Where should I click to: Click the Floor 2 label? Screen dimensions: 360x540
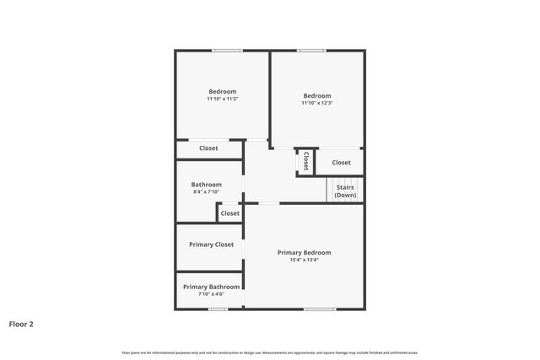click(x=21, y=323)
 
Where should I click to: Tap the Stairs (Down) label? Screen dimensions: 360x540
click(x=344, y=191)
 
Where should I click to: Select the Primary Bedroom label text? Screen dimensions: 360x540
click(x=305, y=252)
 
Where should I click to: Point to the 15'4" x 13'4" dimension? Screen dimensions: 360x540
click(x=305, y=260)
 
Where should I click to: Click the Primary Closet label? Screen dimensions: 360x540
click(x=211, y=244)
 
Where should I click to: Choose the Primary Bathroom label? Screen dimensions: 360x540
click(x=211, y=287)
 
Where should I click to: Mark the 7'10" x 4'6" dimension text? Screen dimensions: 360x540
click(x=211, y=294)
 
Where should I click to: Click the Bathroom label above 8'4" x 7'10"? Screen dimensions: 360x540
click(x=206, y=185)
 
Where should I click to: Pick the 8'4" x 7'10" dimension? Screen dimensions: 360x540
click(x=206, y=192)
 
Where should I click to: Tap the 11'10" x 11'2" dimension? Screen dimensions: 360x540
click(x=223, y=99)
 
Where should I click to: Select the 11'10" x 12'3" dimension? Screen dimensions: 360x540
click(x=317, y=103)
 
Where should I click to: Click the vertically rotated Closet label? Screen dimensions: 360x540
click(x=305, y=160)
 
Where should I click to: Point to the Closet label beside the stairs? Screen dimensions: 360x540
click(x=341, y=162)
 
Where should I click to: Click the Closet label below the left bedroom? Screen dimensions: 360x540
click(x=208, y=148)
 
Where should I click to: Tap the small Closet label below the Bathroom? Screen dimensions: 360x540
click(x=229, y=213)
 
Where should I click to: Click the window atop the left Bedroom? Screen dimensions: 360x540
click(x=227, y=51)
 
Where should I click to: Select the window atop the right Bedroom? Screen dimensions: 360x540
click(x=311, y=51)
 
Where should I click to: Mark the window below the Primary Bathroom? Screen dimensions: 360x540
click(x=219, y=309)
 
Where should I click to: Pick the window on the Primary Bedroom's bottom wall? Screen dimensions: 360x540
click(x=319, y=309)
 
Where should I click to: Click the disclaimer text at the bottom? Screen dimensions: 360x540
click(x=270, y=352)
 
